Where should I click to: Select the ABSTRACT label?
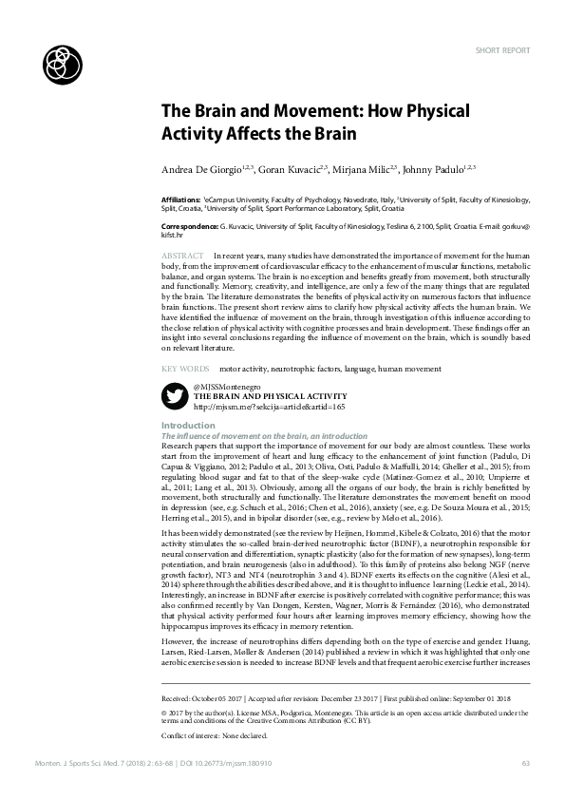point(182,257)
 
